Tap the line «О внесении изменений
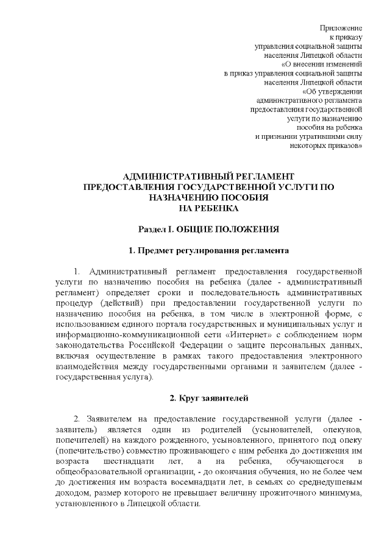322,63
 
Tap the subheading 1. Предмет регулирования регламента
208,251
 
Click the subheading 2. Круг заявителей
208,398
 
